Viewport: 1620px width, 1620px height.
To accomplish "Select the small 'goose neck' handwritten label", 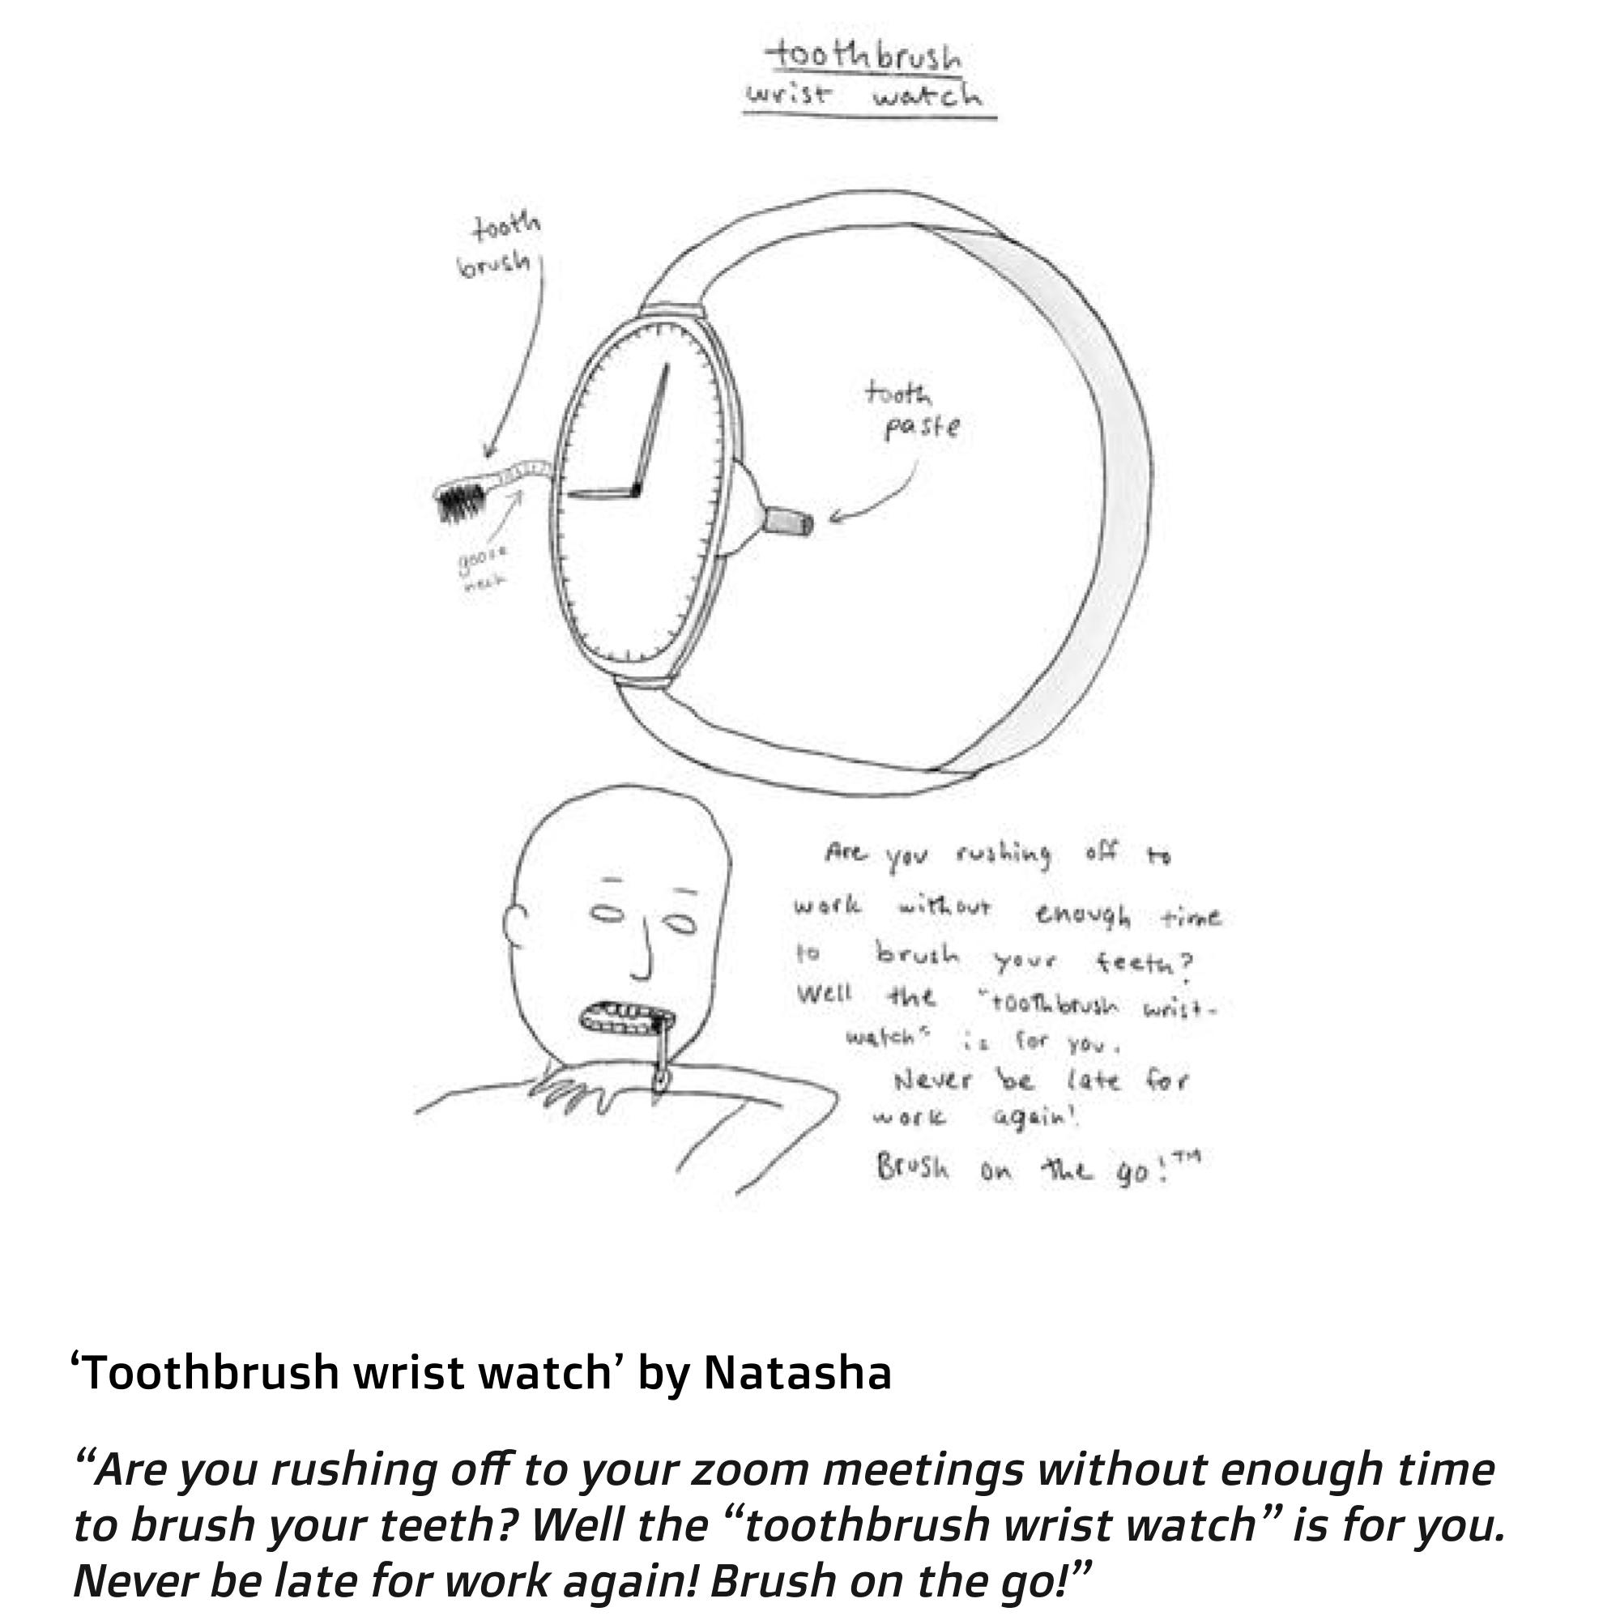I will point(483,568).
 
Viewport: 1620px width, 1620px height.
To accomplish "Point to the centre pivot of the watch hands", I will point(636,490).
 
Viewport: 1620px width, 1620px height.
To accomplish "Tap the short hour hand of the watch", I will point(600,493).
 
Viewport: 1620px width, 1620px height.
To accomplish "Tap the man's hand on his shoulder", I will point(570,1090).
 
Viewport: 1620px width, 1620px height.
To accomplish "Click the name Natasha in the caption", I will point(796,1373).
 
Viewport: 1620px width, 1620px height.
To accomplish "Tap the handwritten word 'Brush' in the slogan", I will point(912,1167).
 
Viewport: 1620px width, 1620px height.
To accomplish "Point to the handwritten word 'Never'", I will point(933,1080).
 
